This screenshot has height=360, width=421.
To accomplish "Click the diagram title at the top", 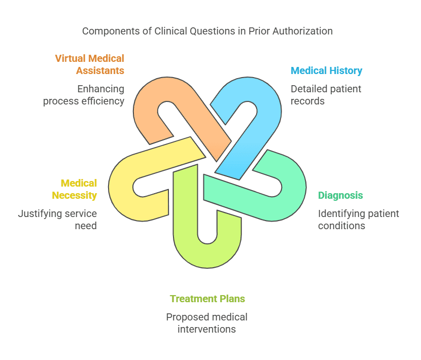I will click(207, 31).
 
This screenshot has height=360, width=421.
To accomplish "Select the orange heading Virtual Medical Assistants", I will click(89, 64).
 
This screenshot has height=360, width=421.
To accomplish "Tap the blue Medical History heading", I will click(326, 70).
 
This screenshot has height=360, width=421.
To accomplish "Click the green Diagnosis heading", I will click(340, 195).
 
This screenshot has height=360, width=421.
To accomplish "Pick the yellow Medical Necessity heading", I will click(79, 189).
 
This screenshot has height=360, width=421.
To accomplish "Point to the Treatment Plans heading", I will click(207, 299).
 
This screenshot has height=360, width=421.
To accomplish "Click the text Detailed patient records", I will click(326, 95).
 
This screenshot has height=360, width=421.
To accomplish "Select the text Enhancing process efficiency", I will click(84, 95).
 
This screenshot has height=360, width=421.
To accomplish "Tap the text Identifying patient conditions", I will click(358, 220).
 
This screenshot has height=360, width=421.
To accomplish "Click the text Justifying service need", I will click(57, 220).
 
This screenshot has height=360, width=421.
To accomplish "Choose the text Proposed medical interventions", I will click(207, 323).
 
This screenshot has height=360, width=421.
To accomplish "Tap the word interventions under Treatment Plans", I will click(207, 329).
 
